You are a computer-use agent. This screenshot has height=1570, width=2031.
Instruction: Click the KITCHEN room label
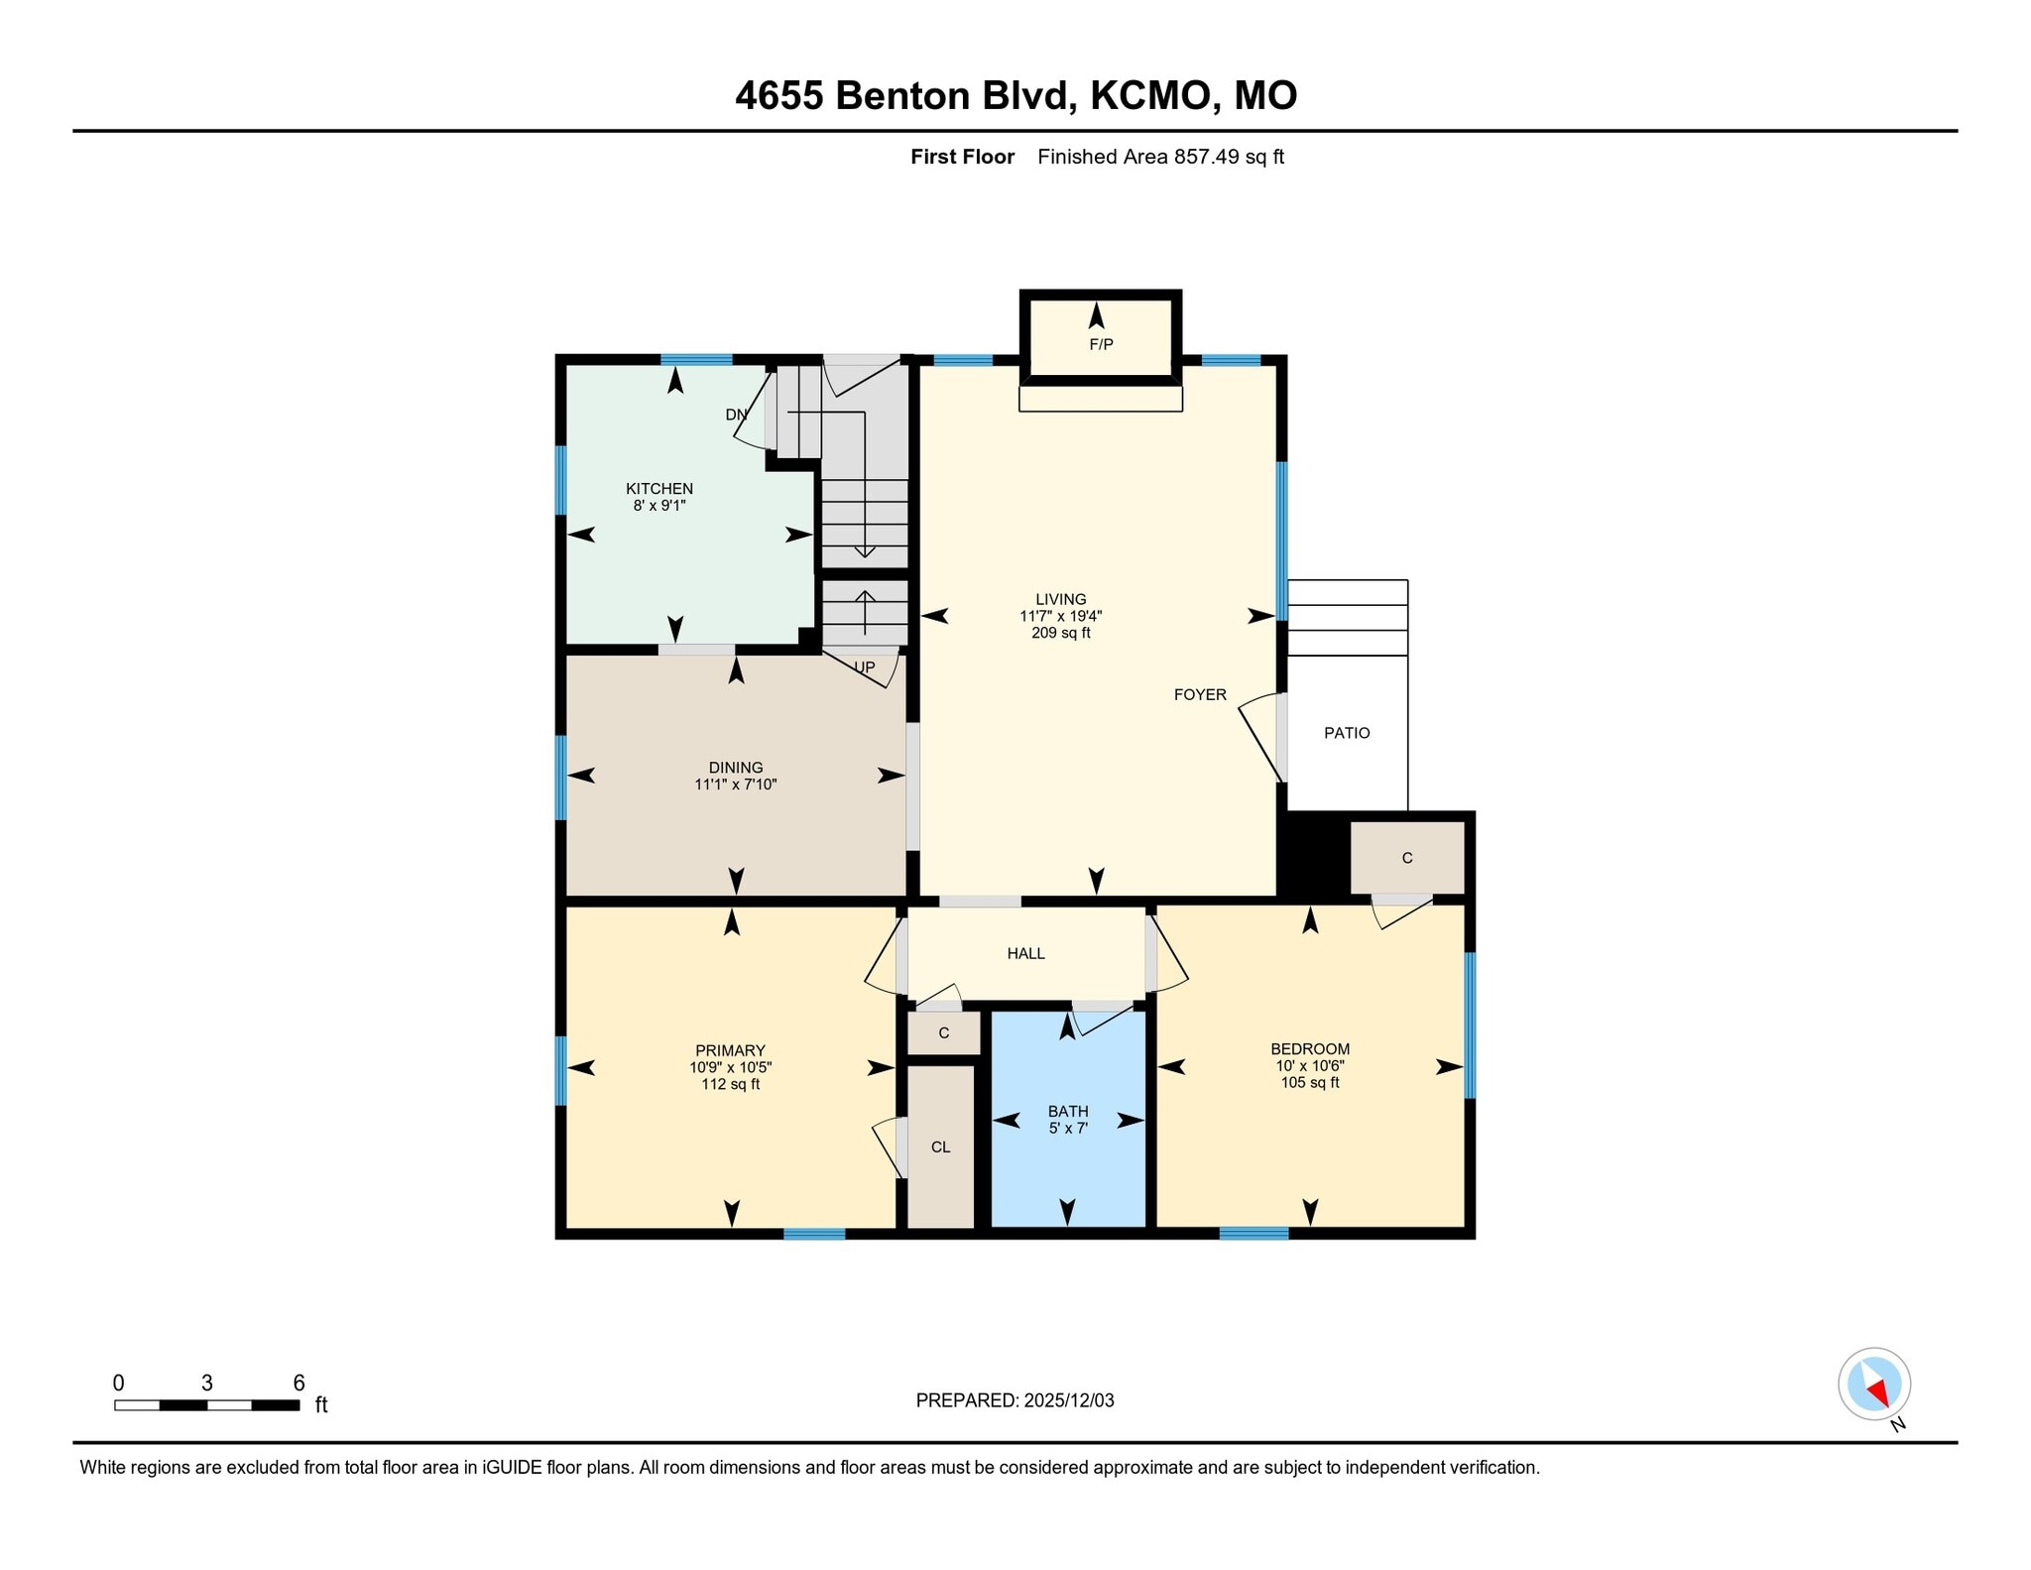pyautogui.click(x=658, y=488)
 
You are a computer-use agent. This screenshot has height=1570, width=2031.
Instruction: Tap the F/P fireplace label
pyautogui.click(x=1101, y=344)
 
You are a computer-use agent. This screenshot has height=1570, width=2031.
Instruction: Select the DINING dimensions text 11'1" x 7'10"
pyautogui.click(x=735, y=785)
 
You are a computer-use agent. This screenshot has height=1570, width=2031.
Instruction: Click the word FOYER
pyautogui.click(x=1200, y=694)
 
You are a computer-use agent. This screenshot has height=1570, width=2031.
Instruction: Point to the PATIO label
pyautogui.click(x=1346, y=733)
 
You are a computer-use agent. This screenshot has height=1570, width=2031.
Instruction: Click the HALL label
pyautogui.click(x=1025, y=953)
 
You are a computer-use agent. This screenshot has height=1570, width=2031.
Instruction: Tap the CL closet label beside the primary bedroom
pyautogui.click(x=940, y=1147)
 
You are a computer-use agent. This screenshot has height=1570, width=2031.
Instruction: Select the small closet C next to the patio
pyautogui.click(x=1406, y=858)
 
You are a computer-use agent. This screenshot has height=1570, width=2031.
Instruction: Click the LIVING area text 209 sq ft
pyautogui.click(x=1060, y=633)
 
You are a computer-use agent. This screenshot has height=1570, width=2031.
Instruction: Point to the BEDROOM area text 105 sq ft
pyautogui.click(x=1309, y=1082)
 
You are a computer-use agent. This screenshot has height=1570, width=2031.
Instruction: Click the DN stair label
pyautogui.click(x=736, y=415)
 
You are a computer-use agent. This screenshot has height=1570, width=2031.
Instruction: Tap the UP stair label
pyautogui.click(x=865, y=667)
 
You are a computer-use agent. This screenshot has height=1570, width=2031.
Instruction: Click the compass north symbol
pyautogui.click(x=1873, y=1384)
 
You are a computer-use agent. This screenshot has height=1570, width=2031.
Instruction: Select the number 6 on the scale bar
pyautogui.click(x=299, y=1383)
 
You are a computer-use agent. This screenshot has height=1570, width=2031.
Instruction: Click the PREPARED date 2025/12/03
pyautogui.click(x=1068, y=1400)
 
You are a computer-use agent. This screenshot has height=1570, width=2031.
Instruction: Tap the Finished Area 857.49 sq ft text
pyautogui.click(x=1160, y=157)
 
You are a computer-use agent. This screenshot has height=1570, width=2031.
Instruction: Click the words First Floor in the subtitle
pyautogui.click(x=962, y=157)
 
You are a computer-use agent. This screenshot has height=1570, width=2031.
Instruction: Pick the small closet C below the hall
pyautogui.click(x=943, y=1032)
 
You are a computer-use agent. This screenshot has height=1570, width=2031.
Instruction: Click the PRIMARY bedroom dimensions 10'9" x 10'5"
pyautogui.click(x=730, y=1067)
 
